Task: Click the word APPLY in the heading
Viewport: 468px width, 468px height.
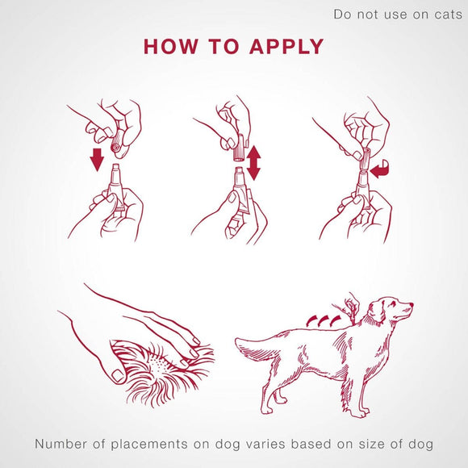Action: (286, 46)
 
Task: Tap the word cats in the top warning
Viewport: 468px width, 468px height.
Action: (442, 15)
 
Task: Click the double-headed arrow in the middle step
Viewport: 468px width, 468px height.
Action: (253, 162)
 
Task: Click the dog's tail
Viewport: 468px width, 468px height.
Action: (254, 348)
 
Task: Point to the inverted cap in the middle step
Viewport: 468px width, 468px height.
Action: (240, 148)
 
